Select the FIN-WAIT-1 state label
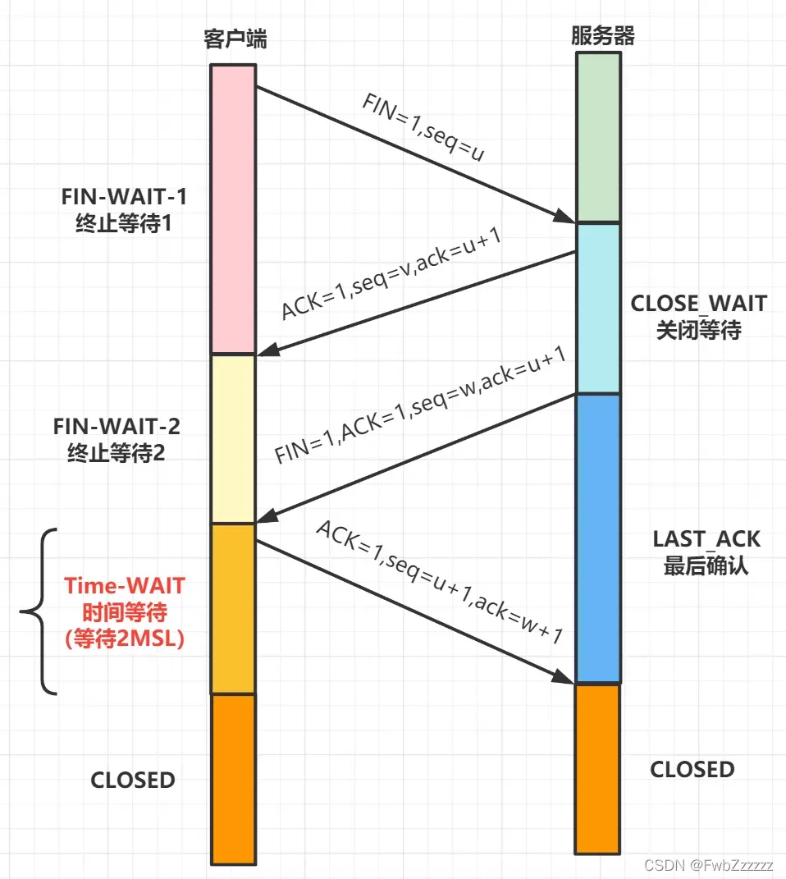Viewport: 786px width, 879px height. (124, 211)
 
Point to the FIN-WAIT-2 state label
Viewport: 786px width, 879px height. (117, 440)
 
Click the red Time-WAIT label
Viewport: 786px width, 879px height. (126, 612)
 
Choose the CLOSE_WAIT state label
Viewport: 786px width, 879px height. (698, 316)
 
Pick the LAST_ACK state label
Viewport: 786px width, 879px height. (706, 552)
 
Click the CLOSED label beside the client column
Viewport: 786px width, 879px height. (133, 780)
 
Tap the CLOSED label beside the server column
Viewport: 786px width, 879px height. (692, 770)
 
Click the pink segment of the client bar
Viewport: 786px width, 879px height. (233, 209)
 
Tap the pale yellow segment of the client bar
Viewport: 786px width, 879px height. (233, 438)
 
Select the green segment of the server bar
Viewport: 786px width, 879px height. (597, 137)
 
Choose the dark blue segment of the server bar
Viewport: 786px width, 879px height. (597, 538)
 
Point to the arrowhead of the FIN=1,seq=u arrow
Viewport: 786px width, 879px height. (564, 217)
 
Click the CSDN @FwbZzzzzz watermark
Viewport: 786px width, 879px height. (709, 865)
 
